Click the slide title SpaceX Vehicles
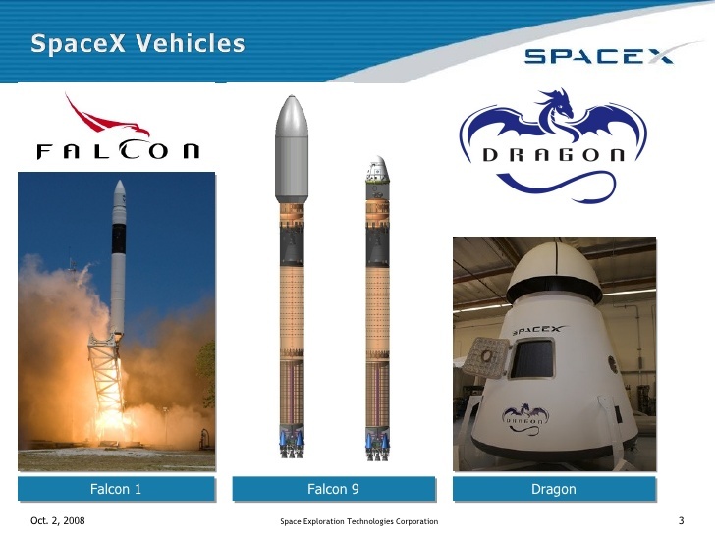[x=137, y=44]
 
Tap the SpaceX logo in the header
[x=599, y=55]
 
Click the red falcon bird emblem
[x=110, y=118]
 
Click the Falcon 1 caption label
[x=116, y=489]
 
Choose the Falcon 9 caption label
[x=333, y=489]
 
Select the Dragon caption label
[x=553, y=489]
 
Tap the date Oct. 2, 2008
[x=58, y=520]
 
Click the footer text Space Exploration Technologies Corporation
[x=358, y=521]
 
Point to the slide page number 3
[x=681, y=520]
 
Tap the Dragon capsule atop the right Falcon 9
[x=377, y=174]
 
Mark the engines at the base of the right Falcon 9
[x=377, y=445]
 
